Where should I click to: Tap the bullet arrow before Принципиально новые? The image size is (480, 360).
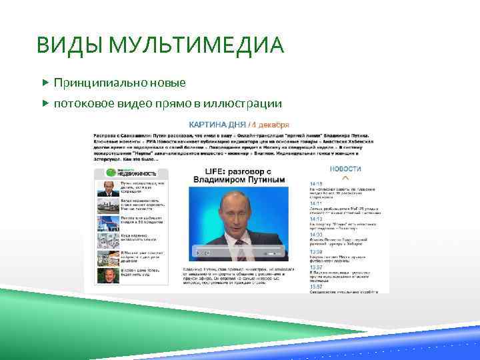pyautogui.click(x=45, y=84)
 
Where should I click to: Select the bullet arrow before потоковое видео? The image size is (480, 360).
pyautogui.click(x=45, y=103)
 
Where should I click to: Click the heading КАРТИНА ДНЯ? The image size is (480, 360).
pyautogui.click(x=217, y=124)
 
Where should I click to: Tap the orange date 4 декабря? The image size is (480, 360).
pyautogui.click(x=271, y=124)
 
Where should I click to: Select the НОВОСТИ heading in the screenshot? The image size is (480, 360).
pyautogui.click(x=345, y=169)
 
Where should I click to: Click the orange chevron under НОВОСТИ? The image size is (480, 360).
pyautogui.click(x=345, y=178)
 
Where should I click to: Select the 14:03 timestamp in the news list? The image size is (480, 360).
pyautogui.click(x=316, y=235)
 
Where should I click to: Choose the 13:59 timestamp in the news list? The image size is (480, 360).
pyautogui.click(x=316, y=252)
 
